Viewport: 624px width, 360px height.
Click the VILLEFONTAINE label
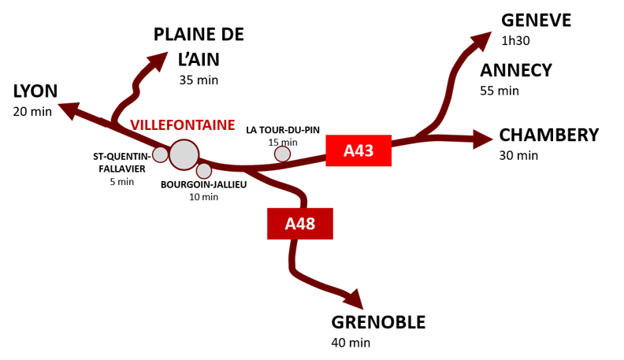(x=182, y=125)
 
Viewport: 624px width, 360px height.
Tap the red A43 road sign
(x=358, y=150)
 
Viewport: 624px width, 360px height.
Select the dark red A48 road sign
(x=299, y=224)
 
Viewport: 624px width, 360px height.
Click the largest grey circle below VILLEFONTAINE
(x=184, y=154)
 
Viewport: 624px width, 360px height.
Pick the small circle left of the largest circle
(x=160, y=154)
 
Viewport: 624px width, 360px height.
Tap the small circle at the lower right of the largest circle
(x=204, y=170)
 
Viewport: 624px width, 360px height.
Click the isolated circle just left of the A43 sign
(x=282, y=154)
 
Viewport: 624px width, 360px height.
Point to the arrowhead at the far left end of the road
(x=68, y=109)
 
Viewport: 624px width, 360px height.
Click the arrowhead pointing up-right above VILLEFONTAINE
(x=158, y=60)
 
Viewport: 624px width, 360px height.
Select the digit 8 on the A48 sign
(x=310, y=224)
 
